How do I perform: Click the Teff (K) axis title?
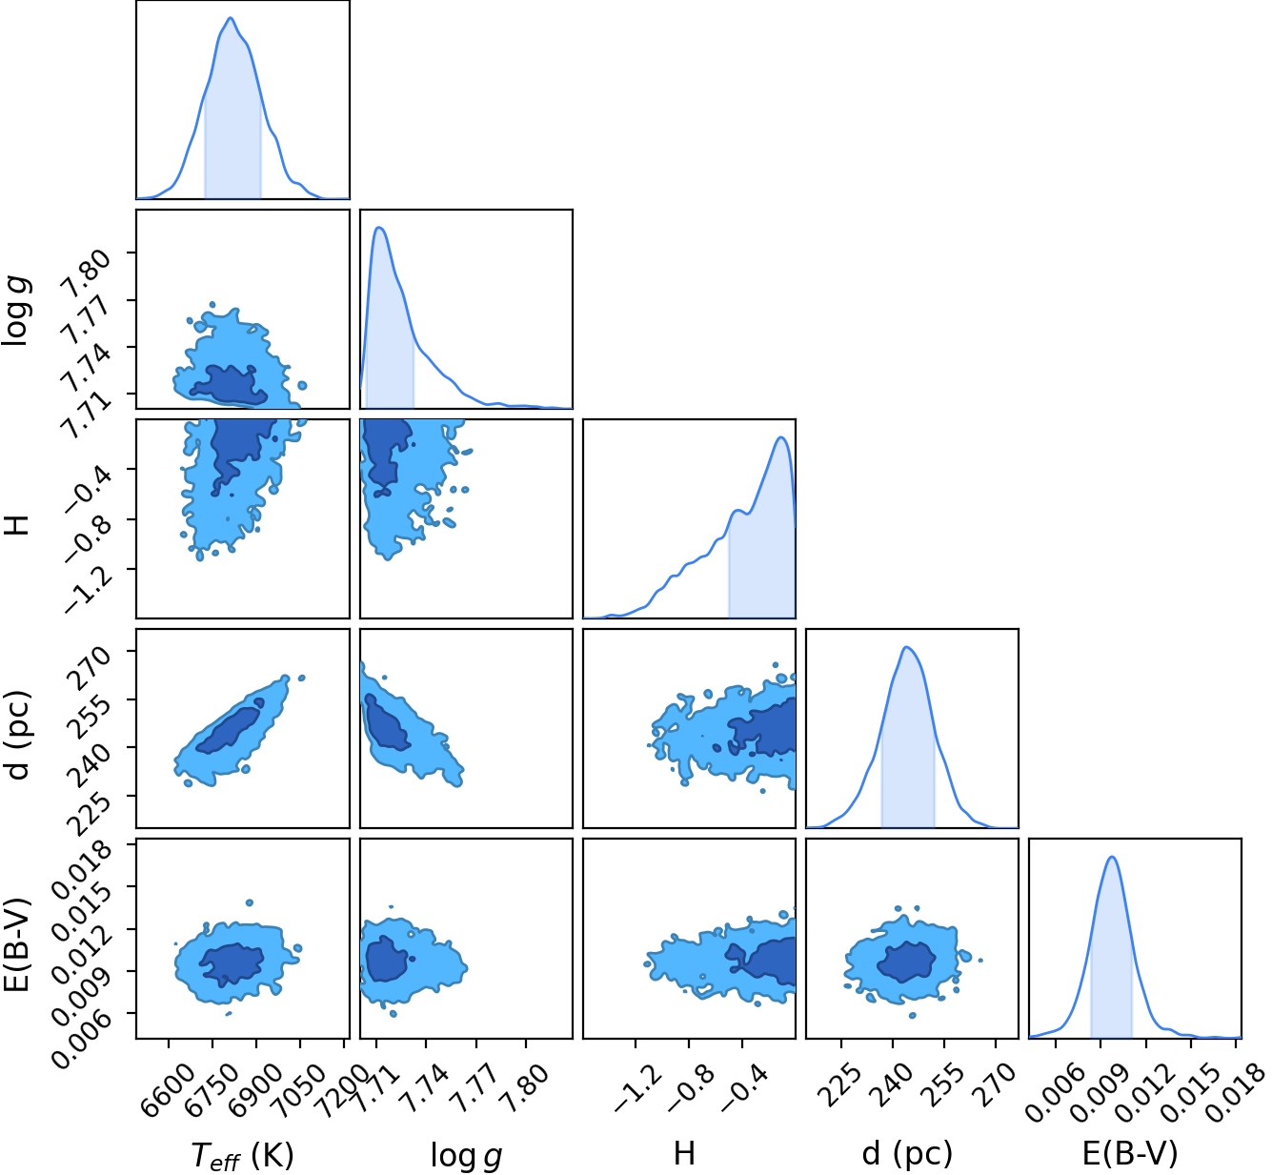tap(242, 1154)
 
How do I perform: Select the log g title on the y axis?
tap(16, 312)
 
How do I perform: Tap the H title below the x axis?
tap(684, 1152)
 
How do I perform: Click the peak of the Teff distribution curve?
tap(231, 17)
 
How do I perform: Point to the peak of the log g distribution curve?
tap(379, 227)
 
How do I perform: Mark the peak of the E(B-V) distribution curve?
tap(1113, 857)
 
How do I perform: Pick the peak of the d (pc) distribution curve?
tap(907, 646)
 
